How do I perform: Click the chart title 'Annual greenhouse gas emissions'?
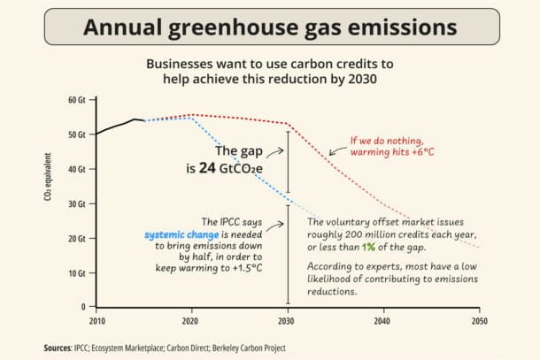[x=270, y=27]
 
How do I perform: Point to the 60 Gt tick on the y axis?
[x=77, y=99]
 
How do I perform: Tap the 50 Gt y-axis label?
[x=77, y=134]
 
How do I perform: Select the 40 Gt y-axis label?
[x=77, y=169]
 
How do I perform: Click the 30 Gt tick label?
[x=77, y=203]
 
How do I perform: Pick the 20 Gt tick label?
[x=77, y=238]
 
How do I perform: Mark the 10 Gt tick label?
[x=77, y=272]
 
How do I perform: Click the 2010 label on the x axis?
[x=96, y=319]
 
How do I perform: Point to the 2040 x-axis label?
[x=383, y=319]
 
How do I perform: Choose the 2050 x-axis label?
[x=479, y=319]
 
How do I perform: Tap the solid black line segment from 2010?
[x=115, y=125]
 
